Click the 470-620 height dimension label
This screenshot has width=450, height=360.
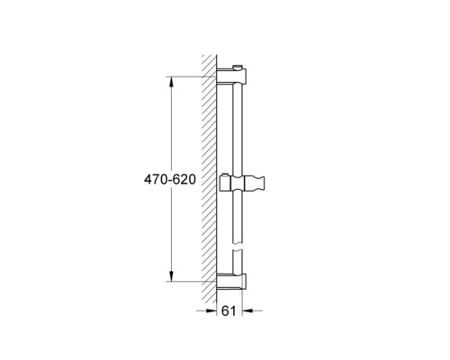170,179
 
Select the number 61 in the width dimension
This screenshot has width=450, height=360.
229,310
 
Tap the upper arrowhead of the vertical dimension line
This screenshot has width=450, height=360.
171,82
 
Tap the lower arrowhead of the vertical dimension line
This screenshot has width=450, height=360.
171,276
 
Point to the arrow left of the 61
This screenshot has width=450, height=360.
206,310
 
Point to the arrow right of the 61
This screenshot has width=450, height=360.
252,310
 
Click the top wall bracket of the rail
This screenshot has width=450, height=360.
231,76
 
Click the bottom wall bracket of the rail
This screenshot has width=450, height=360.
231,282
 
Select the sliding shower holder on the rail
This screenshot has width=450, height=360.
242,183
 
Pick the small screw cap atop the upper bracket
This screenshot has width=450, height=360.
238,67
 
